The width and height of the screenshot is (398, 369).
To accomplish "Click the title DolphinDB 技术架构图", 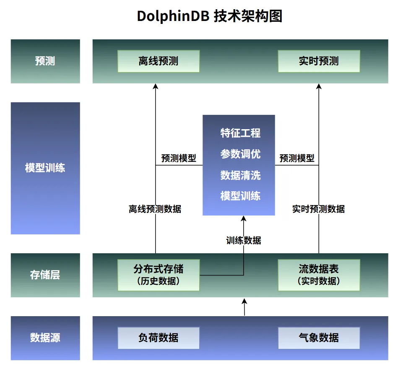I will coord(210,16).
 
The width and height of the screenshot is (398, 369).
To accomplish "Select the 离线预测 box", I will coord(158,61).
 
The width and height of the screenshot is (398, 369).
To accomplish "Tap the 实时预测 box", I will coord(319,61).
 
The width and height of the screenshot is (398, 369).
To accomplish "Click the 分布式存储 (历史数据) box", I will coord(158,275).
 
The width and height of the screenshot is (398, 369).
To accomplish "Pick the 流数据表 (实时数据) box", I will coord(319,275).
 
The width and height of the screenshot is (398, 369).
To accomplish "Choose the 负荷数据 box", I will coord(158,338).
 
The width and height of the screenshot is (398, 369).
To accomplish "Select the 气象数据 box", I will coord(319,338).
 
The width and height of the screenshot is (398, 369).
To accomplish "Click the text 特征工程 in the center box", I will coord(240,133).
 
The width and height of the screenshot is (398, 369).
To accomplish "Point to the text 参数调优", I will coord(240,154).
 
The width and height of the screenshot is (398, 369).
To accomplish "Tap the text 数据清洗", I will coord(240,175).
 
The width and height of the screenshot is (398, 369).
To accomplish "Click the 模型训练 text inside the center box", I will coord(240,195).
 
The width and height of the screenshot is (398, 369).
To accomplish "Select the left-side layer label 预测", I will coord(45,61).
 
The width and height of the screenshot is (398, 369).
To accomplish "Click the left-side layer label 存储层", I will coord(45,275).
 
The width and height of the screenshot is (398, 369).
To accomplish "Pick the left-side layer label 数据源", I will coord(45,338).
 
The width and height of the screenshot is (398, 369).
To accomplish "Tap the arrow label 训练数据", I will coord(244,240).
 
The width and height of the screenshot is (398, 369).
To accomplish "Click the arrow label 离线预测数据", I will coord(155,209).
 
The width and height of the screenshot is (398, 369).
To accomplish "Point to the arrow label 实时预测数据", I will coord(319,209).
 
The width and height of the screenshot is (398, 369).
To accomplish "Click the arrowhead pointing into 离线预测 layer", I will coord(156,86).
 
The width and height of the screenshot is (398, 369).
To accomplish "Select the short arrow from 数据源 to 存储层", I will coord(245,307).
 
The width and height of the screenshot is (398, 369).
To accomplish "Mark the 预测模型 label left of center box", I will coord(179,159).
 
